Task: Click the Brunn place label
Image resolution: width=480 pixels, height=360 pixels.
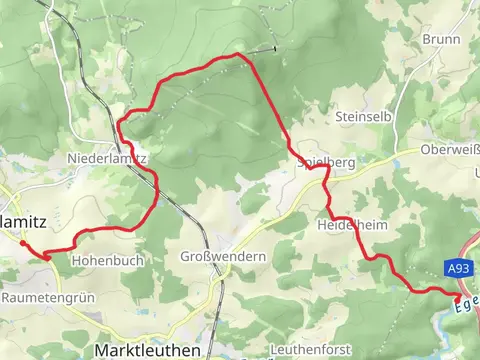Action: coord(441,39)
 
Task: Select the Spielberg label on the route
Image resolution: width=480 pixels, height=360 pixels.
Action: coord(326,161)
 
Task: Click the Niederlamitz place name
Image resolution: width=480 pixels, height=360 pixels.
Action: coord(107,158)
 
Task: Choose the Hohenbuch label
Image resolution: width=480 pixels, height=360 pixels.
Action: coord(108,260)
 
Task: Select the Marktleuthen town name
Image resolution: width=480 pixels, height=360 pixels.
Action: coord(146,350)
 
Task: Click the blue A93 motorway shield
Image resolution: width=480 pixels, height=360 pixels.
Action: coord(458,269)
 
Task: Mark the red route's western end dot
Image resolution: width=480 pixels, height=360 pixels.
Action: coord(23,242)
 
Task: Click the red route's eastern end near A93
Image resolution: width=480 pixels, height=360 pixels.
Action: coord(457,297)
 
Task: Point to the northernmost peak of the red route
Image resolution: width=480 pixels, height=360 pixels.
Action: coord(236,54)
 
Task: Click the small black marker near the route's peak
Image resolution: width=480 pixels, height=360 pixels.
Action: coord(273,48)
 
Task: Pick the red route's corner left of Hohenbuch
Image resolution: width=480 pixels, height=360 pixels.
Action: coord(47,257)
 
